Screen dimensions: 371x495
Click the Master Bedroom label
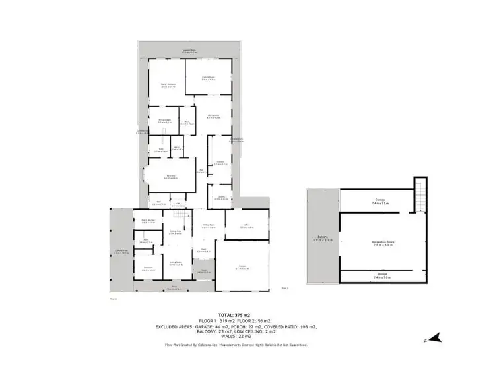pos(168,85)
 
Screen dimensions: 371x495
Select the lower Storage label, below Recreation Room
pos(379,275)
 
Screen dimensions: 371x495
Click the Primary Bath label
pos(165,121)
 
